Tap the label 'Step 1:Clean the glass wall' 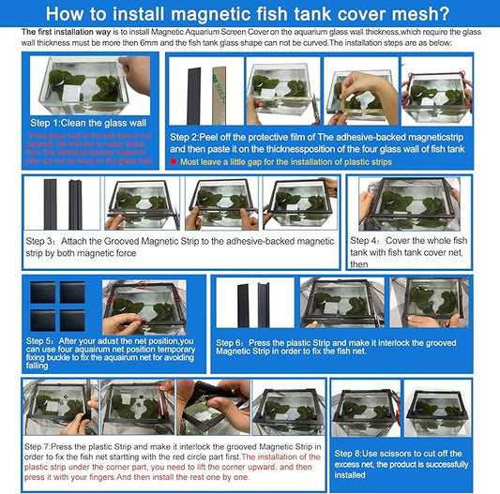point(83,123)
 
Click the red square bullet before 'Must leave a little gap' point(174,161)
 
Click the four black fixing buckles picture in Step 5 point(58,305)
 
